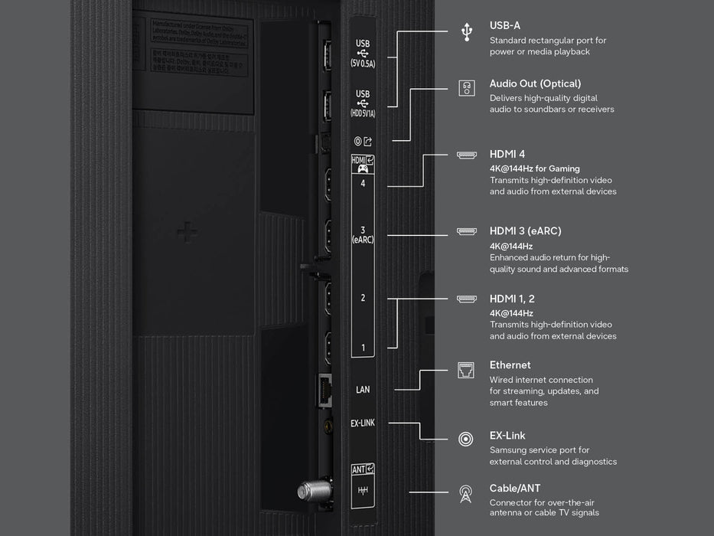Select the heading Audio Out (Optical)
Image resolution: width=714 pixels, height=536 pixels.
pos(535,83)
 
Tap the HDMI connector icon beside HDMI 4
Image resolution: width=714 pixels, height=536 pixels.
pos(466,155)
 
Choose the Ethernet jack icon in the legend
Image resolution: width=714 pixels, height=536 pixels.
pos(466,370)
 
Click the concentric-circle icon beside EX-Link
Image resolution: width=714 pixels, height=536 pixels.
pos(465,440)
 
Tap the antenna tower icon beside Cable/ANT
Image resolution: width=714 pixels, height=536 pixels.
pos(465,494)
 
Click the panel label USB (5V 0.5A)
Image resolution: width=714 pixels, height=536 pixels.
pos(363,54)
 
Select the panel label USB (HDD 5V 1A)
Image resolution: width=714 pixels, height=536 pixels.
pos(363,103)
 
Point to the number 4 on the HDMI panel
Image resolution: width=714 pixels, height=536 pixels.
pos(363,184)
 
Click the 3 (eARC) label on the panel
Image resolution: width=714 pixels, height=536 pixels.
pos(363,234)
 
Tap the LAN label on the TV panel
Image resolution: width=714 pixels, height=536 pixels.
pos(363,390)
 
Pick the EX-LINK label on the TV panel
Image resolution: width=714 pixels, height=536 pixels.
pos(363,423)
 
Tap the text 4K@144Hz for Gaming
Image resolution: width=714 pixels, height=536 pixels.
pos(534,168)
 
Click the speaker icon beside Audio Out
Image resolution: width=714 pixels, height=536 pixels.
pos(466,88)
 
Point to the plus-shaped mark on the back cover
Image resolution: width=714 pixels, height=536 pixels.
pos(187,232)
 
